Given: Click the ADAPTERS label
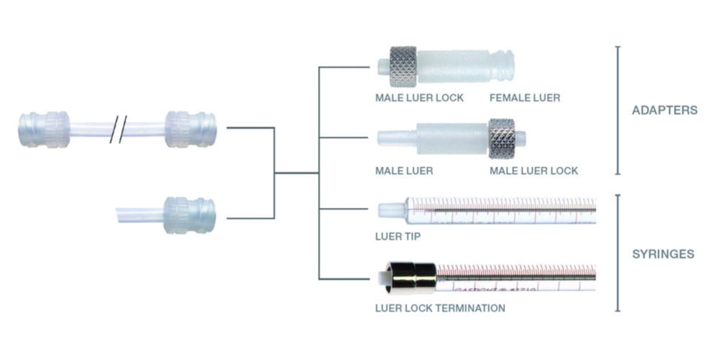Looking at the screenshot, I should (664, 111).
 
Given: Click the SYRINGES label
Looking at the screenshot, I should (664, 253).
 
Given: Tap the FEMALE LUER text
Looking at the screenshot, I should (524, 97).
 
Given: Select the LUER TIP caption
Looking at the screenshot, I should (397, 235).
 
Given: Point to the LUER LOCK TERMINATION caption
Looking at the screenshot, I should (439, 308).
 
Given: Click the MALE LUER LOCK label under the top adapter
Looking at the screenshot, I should (418, 97).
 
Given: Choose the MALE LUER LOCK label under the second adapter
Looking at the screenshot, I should (534, 171).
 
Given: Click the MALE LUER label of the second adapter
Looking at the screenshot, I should (403, 171).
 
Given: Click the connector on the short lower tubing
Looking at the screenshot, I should (189, 215).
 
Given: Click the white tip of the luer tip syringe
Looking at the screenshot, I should (390, 210).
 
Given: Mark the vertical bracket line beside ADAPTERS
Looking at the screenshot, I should (618, 110).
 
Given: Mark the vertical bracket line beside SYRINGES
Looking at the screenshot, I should (618, 253).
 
